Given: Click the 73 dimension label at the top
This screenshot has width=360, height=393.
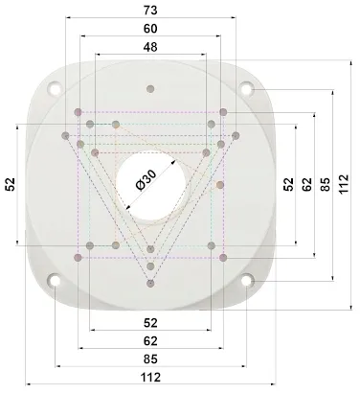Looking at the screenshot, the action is point(150,11).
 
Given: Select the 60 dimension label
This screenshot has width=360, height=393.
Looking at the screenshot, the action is point(150,29).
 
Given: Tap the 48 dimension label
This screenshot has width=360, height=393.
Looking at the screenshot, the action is point(150,47).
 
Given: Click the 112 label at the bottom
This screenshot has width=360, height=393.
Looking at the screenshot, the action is point(150,378).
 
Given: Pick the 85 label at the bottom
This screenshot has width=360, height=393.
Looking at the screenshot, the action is point(150,359).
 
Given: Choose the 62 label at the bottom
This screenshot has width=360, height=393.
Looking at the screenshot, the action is point(150,341).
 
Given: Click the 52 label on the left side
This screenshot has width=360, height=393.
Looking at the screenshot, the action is point(11,184).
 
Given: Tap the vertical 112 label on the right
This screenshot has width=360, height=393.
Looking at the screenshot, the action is point(344,184).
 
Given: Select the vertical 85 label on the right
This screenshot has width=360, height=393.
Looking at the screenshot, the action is point(326,184).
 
